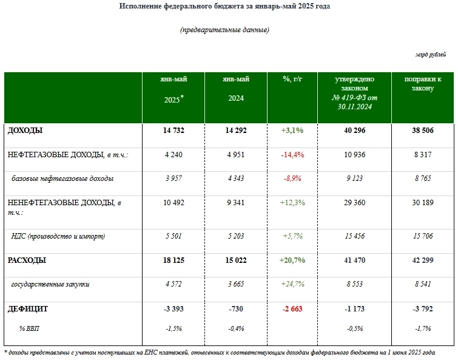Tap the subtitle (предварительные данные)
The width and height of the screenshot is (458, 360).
click(224, 30)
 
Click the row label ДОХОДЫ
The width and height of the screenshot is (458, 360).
click(25, 130)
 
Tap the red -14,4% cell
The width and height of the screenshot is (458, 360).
click(292, 155)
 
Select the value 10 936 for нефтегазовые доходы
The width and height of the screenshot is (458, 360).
click(354, 155)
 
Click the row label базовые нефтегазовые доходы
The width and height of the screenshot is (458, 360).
click(62, 178)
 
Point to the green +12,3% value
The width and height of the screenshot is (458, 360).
click(292, 203)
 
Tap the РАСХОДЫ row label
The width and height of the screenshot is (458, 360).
click(27, 260)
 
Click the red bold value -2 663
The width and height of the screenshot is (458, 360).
click(292, 308)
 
